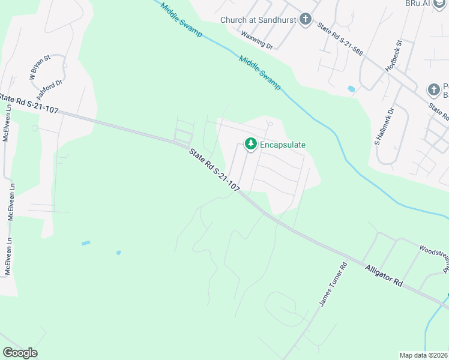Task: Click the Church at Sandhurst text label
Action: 258,20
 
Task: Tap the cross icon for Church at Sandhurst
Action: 306,20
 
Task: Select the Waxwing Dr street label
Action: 258,41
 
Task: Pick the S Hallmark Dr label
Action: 385,127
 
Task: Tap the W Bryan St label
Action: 39,67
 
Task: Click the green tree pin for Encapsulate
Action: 250,144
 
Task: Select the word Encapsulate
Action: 283,145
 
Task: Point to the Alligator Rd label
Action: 383,275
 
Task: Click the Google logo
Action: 20,353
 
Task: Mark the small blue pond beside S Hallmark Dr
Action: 351,89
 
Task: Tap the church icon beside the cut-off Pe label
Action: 434,90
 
